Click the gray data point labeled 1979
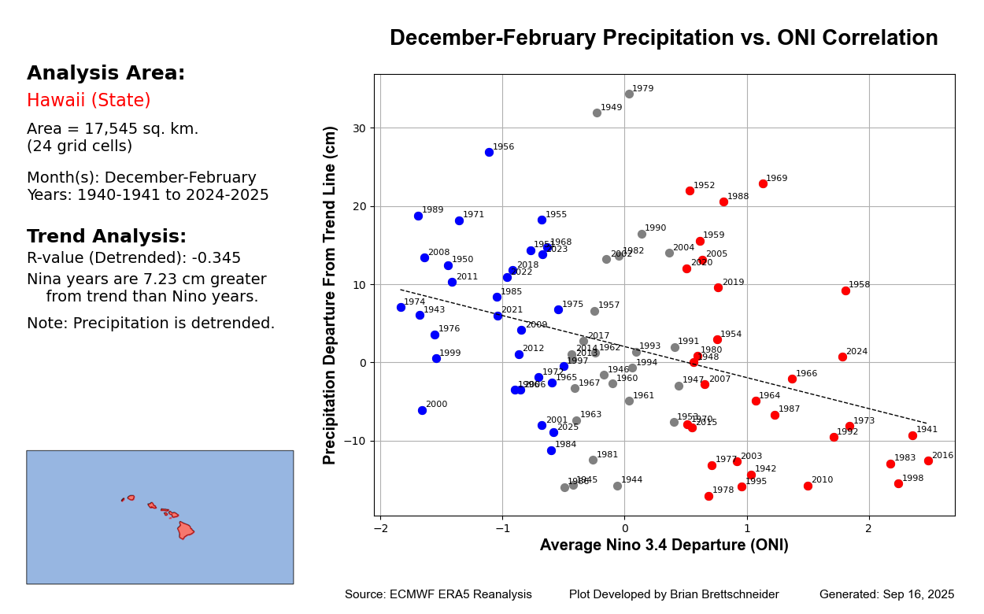pos(629,94)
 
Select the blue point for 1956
pos(489,152)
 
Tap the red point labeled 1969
pos(763,183)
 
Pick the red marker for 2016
pos(928,460)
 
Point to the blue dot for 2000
pos(422,410)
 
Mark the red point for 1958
pos(845,290)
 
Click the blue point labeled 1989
pos(418,216)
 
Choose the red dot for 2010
pos(808,486)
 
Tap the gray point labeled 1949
pos(597,113)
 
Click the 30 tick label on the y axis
pos(358,128)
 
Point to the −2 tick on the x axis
pos(380,527)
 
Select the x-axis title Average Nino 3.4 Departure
pos(664,546)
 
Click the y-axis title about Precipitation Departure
pos(331,295)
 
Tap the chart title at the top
pos(664,39)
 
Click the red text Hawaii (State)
pos(88,101)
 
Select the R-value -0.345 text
pos(134,258)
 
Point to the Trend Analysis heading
pos(106,237)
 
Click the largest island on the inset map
pos(185,530)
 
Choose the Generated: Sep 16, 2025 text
pos(886,595)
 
